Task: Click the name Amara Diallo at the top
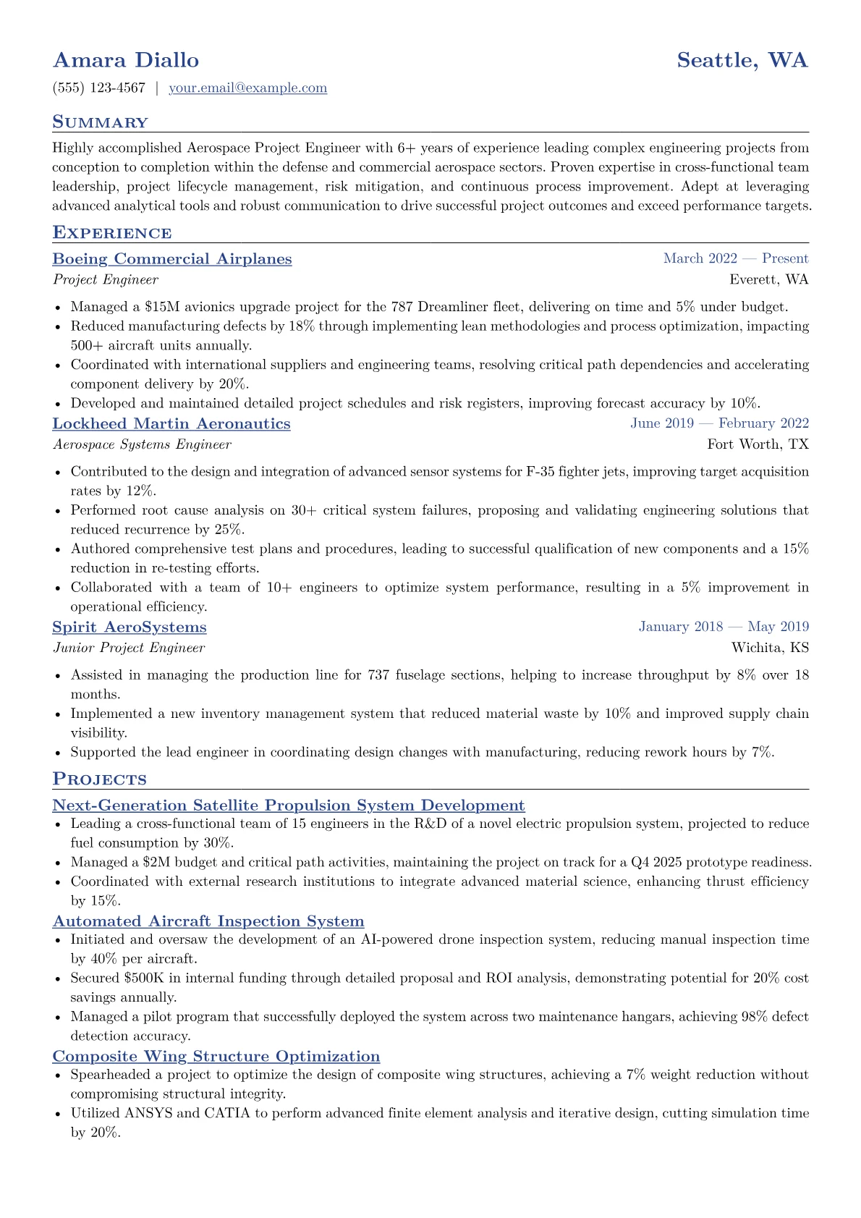click(126, 60)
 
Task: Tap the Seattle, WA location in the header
click(742, 60)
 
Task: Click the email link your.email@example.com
click(247, 88)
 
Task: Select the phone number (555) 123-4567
click(99, 88)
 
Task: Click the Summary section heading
click(100, 122)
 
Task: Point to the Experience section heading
click(112, 233)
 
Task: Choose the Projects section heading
click(99, 779)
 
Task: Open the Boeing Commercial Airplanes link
click(172, 259)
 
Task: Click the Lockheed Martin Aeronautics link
click(171, 424)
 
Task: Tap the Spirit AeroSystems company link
click(130, 627)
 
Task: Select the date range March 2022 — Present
click(736, 259)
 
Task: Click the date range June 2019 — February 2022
click(719, 423)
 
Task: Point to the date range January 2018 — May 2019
click(724, 627)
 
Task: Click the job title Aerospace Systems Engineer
click(142, 444)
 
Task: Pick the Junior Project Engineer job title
click(129, 648)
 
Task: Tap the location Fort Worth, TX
click(758, 444)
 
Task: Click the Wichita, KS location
click(770, 648)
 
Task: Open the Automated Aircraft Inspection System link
click(208, 921)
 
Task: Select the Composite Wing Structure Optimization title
click(216, 1057)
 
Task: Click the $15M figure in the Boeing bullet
click(164, 307)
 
